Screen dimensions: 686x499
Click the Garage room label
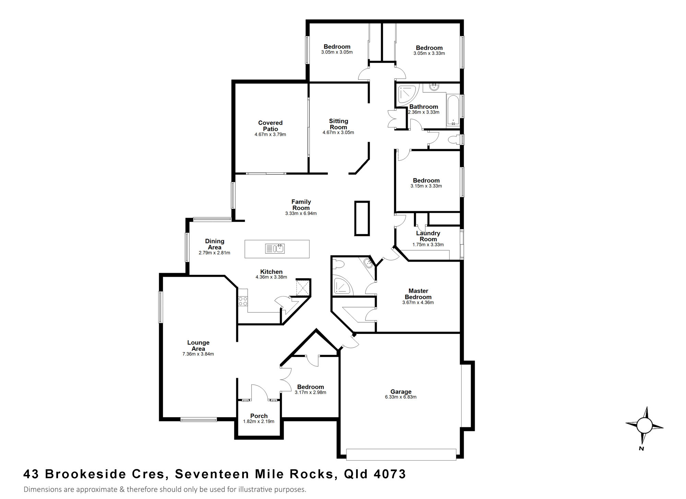(x=401, y=392)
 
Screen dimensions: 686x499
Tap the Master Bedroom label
(x=418, y=294)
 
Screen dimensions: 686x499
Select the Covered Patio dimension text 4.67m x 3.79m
(x=270, y=135)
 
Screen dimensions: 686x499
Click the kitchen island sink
(x=275, y=248)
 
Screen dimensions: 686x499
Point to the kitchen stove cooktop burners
(x=243, y=301)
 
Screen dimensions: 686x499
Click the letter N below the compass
(x=641, y=449)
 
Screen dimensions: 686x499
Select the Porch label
(x=259, y=416)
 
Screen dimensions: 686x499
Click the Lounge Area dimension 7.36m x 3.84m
(x=198, y=354)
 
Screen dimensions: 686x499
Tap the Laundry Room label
(x=428, y=236)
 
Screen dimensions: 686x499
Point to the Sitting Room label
(x=339, y=124)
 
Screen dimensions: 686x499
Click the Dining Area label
(x=214, y=244)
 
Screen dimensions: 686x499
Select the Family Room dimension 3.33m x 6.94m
(x=301, y=213)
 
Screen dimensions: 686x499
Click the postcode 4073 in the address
(x=390, y=474)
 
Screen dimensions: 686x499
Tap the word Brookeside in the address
(x=85, y=474)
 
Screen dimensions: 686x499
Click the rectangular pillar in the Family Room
(x=362, y=218)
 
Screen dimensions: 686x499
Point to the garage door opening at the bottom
(x=401, y=454)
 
